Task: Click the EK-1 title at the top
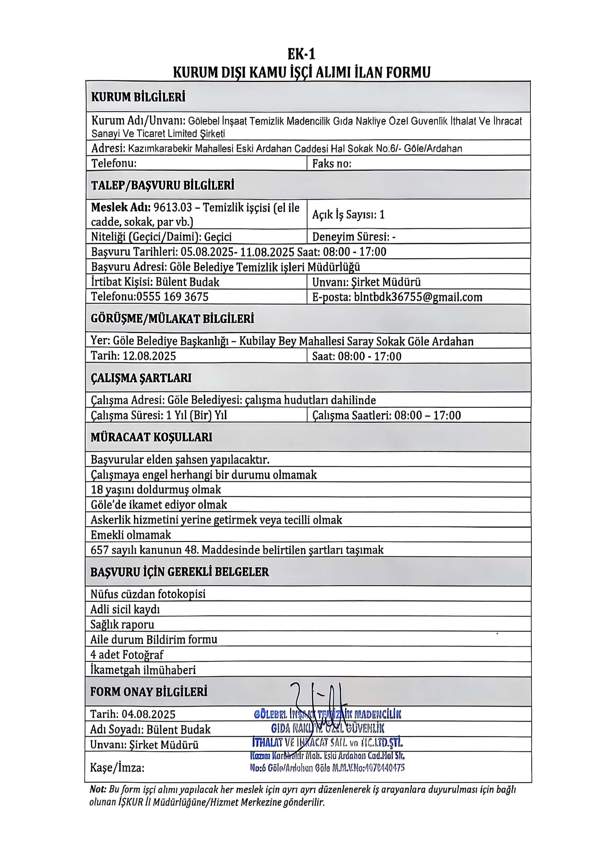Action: tap(301, 55)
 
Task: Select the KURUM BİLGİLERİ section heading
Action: tap(138, 97)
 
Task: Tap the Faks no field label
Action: tap(332, 163)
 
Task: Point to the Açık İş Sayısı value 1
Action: tap(382, 214)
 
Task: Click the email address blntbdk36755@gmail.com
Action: tap(418, 297)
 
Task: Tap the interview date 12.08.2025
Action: tap(149, 356)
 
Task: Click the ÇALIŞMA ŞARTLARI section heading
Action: tap(141, 378)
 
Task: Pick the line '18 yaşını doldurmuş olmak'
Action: tap(156, 490)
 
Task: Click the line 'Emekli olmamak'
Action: tap(131, 535)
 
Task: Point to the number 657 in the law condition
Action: tap(99, 550)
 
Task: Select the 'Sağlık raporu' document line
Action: tap(122, 624)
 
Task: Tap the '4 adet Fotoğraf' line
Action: tap(127, 655)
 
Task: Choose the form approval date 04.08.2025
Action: tap(149, 714)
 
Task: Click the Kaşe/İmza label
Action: tap(117, 768)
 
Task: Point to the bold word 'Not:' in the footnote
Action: tap(98, 789)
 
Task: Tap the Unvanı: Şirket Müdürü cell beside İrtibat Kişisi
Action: tap(366, 282)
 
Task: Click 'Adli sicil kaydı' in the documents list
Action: tap(125, 610)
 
